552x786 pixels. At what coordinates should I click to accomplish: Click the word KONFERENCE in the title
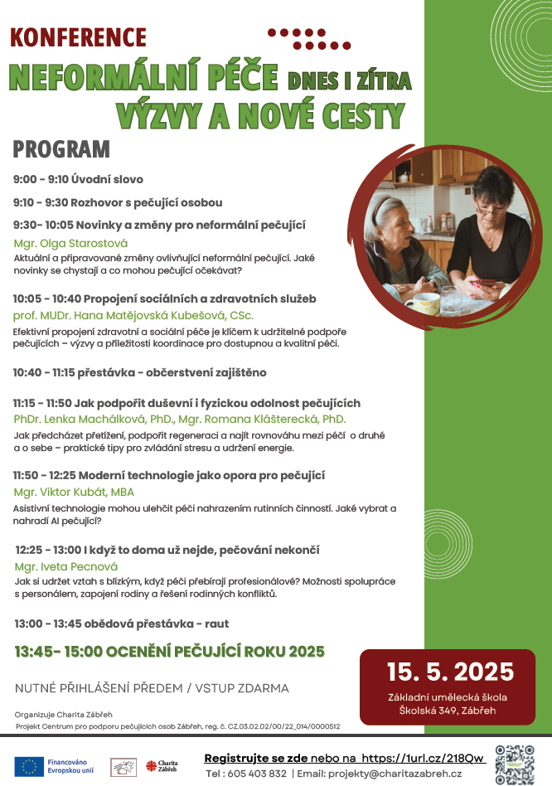[x=78, y=37]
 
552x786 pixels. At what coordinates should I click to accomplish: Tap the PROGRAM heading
[x=61, y=150]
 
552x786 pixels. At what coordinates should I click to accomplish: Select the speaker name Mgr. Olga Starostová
[x=71, y=244]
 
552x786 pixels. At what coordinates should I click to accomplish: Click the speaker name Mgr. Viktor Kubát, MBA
[x=75, y=492]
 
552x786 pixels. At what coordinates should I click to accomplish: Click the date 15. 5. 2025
[x=450, y=672]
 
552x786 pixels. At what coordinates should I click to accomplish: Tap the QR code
[x=515, y=764]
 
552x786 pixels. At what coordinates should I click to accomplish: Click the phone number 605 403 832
[x=257, y=774]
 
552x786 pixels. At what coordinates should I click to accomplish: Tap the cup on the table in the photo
[x=422, y=303]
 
